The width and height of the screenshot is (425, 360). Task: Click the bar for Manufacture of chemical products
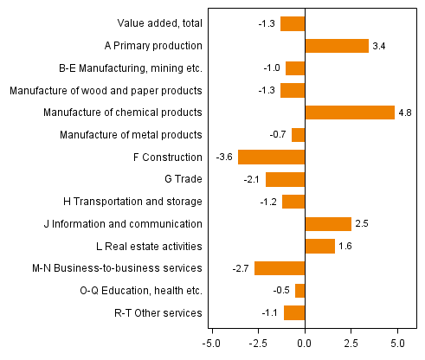point(350,112)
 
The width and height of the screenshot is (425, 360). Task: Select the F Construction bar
point(272,157)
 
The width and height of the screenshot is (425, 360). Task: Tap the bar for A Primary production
point(337,46)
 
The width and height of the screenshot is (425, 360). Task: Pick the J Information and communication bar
point(328,224)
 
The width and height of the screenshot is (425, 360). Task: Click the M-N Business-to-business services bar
point(280,268)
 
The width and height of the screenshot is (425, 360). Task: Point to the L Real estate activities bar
point(319,247)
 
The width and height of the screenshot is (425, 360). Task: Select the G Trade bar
point(286,179)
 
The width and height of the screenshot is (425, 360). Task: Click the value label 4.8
point(408,112)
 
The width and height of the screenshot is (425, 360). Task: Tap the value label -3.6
point(225,157)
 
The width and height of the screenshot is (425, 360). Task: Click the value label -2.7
point(241,268)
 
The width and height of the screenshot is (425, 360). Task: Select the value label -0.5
point(282,291)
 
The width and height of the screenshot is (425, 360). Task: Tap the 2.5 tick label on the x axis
point(351,343)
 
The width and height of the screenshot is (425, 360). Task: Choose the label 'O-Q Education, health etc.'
point(140,291)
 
